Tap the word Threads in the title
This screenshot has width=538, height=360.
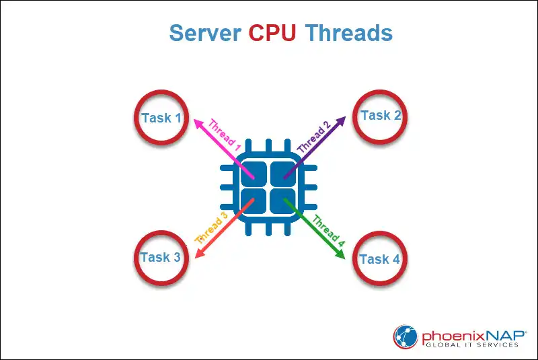point(349,32)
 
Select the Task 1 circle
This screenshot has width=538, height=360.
point(161,118)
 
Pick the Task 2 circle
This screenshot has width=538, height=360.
point(381,116)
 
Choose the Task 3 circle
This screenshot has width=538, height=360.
point(161,257)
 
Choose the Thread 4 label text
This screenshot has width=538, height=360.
point(328,229)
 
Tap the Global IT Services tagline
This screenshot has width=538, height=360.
point(471,345)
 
